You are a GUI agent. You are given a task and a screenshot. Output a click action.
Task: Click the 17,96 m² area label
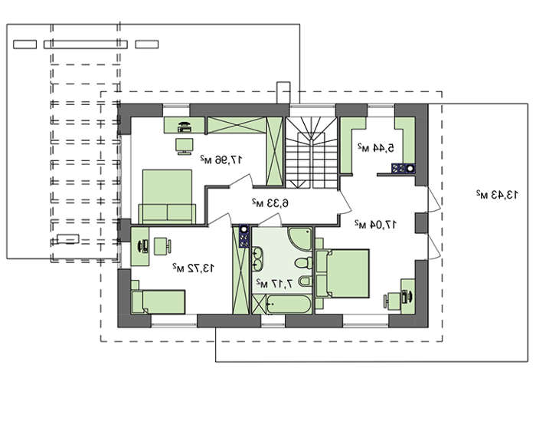(221, 160)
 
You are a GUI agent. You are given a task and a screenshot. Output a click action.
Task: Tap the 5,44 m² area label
(376, 147)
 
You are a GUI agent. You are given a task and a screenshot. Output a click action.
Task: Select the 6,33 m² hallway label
(270, 203)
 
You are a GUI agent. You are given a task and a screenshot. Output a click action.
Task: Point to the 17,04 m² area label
(375, 224)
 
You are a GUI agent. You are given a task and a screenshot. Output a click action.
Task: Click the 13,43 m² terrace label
(497, 195)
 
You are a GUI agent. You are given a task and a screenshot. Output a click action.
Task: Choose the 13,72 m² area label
(194, 268)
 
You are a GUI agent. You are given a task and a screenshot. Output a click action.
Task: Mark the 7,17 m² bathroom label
(275, 284)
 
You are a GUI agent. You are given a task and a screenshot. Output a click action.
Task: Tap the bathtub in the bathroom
(289, 304)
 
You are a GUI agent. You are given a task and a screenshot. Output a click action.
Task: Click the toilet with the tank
(303, 263)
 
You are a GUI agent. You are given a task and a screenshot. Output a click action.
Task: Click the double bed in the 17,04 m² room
(342, 273)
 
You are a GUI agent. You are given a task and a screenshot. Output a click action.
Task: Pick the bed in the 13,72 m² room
(159, 301)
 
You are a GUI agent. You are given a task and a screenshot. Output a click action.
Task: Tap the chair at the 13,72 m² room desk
(162, 246)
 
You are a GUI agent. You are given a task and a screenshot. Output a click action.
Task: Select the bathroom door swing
(270, 220)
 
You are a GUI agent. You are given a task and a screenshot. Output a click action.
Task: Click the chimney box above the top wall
(283, 93)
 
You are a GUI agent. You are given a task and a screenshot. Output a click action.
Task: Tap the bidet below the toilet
(305, 281)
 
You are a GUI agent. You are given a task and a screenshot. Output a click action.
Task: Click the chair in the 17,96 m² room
(185, 146)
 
